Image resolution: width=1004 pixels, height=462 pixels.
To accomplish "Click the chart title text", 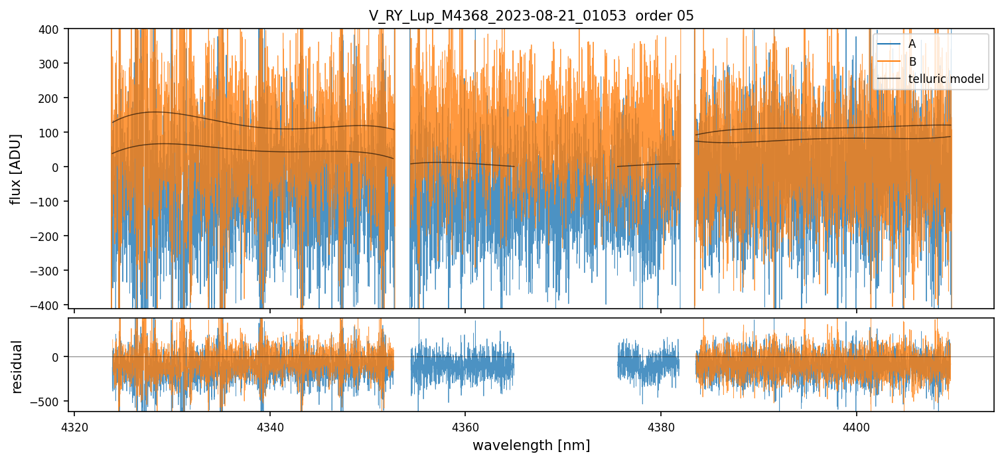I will [531, 16].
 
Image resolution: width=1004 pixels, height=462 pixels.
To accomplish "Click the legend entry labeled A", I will [912, 44].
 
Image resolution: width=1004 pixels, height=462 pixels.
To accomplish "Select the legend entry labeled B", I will [912, 62].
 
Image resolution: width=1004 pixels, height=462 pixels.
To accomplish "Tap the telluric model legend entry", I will [946, 80].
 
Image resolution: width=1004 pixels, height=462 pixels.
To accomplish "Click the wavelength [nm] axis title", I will [531, 445].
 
